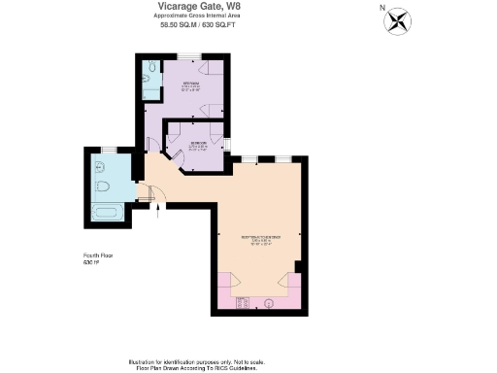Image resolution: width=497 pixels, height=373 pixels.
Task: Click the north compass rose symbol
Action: [x=398, y=20]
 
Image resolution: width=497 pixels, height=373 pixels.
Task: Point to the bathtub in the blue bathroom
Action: [x=107, y=211]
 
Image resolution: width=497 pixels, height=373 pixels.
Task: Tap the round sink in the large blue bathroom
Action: [x=100, y=167]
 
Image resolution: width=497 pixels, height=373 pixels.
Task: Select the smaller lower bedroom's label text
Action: [x=195, y=147]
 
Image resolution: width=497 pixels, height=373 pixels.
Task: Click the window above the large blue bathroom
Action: [x=109, y=149]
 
